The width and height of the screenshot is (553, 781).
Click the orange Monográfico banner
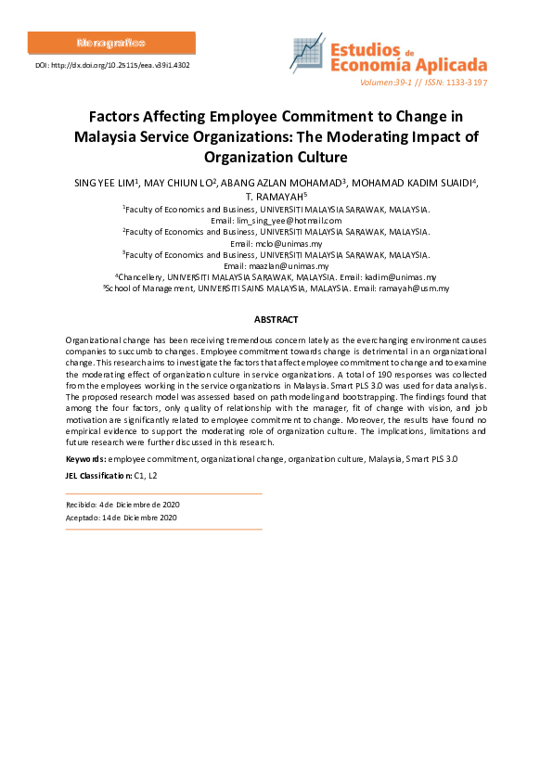(x=111, y=44)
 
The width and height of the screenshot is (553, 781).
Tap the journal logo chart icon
(x=307, y=56)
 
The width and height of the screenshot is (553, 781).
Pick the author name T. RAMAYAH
(x=274, y=196)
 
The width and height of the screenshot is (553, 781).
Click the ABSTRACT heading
(x=276, y=319)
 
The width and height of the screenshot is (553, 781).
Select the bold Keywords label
(x=85, y=459)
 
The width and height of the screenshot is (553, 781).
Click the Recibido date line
(x=121, y=504)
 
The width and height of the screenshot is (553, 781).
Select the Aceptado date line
(x=121, y=518)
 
